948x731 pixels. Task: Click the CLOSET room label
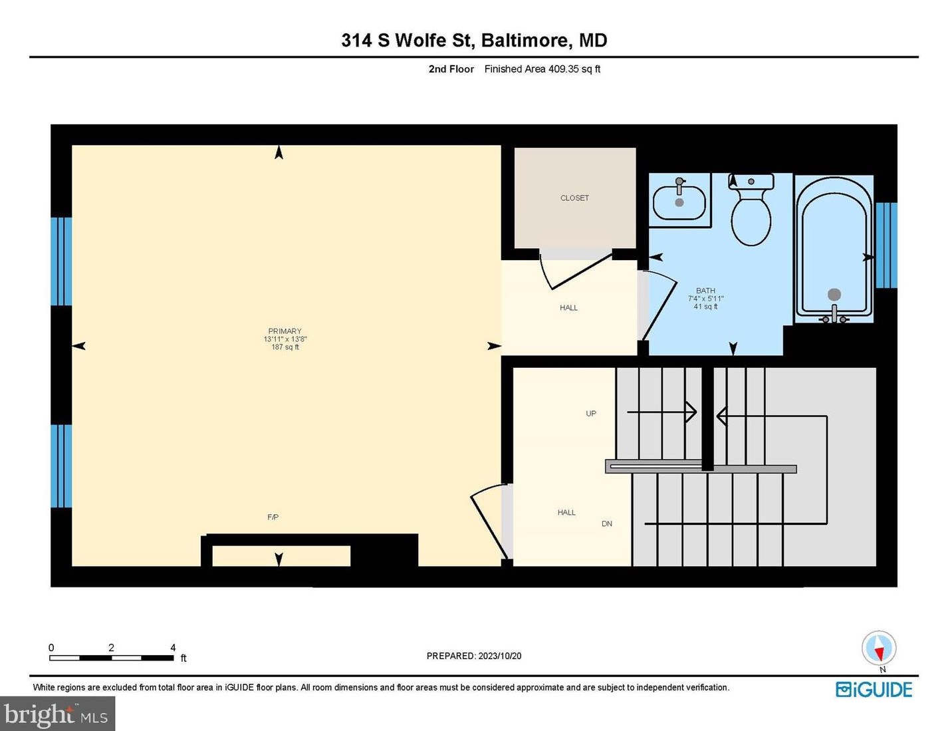tap(574, 198)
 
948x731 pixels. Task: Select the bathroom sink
tap(679, 202)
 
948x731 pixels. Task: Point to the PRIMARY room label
tap(285, 331)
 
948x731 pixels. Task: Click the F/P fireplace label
tap(273, 517)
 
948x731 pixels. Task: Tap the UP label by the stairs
tap(591, 413)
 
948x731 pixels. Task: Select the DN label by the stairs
tap(606, 523)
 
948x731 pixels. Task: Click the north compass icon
tap(879, 648)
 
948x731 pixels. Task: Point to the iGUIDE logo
tap(874, 690)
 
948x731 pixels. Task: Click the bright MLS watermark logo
tap(57, 714)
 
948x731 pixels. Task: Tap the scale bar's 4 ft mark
tap(173, 648)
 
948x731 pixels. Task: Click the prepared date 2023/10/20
tap(499, 656)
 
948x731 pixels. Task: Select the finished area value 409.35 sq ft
tap(574, 69)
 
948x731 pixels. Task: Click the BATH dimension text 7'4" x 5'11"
tap(705, 299)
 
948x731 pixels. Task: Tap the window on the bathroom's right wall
tap(886, 245)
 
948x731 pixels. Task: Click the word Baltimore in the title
tap(525, 41)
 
